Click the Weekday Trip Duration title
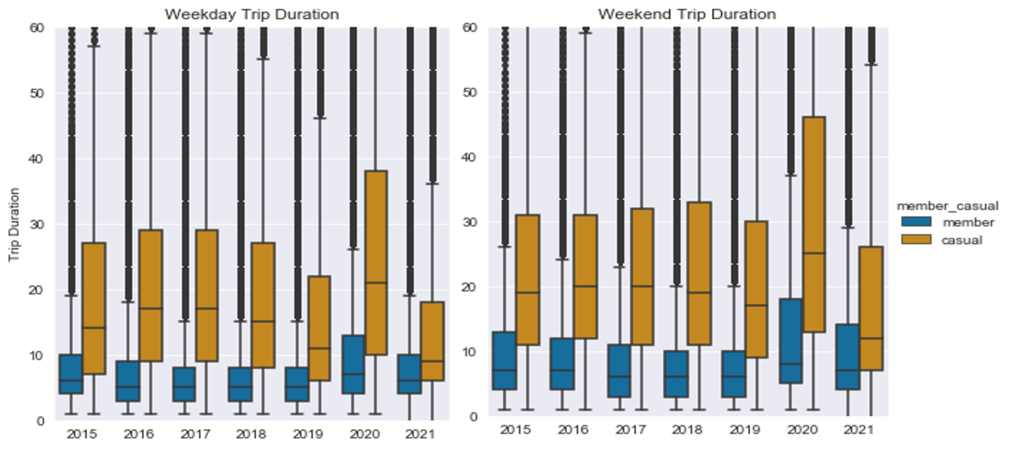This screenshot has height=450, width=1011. point(252,14)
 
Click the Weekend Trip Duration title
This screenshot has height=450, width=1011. point(687,14)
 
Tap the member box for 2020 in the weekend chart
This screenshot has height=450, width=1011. point(791,340)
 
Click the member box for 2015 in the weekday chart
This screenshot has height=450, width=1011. point(71,374)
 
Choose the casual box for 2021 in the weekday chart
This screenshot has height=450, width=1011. point(432,340)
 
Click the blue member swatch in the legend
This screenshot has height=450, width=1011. point(916,222)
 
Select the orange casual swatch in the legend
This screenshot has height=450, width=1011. point(916,240)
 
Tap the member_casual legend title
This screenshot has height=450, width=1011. point(947,206)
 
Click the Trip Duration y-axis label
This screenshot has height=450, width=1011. point(14,225)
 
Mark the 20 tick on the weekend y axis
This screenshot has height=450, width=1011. point(470,287)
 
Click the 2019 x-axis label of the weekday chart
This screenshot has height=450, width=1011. point(308,434)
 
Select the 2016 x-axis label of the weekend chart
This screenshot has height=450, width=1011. point(573,430)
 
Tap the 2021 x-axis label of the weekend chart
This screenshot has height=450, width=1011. point(859,430)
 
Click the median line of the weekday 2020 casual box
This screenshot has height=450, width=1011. point(376,283)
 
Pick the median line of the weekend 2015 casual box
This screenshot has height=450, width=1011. point(528,292)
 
